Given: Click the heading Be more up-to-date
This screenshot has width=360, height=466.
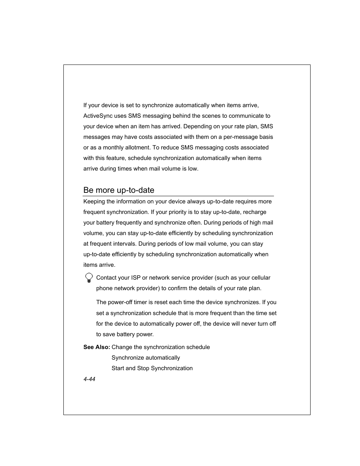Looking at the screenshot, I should click(x=118, y=190).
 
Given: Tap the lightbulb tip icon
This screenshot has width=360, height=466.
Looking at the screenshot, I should click(x=89, y=278).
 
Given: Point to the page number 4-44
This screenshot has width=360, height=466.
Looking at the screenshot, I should click(x=89, y=379).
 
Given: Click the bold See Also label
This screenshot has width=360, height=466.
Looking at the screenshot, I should click(x=97, y=347).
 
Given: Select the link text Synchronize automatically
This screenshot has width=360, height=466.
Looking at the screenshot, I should click(x=146, y=358).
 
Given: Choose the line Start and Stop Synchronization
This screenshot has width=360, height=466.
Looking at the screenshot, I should click(x=152, y=368).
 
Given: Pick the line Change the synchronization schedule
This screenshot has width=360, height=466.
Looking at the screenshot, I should click(x=161, y=347).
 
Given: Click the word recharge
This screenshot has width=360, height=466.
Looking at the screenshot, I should click(x=255, y=212).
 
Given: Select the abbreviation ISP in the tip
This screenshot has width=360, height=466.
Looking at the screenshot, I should click(x=135, y=278).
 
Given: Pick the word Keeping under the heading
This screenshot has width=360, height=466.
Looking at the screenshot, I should click(x=94, y=201).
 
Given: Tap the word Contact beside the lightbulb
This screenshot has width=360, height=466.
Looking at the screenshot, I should click(x=107, y=278).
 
